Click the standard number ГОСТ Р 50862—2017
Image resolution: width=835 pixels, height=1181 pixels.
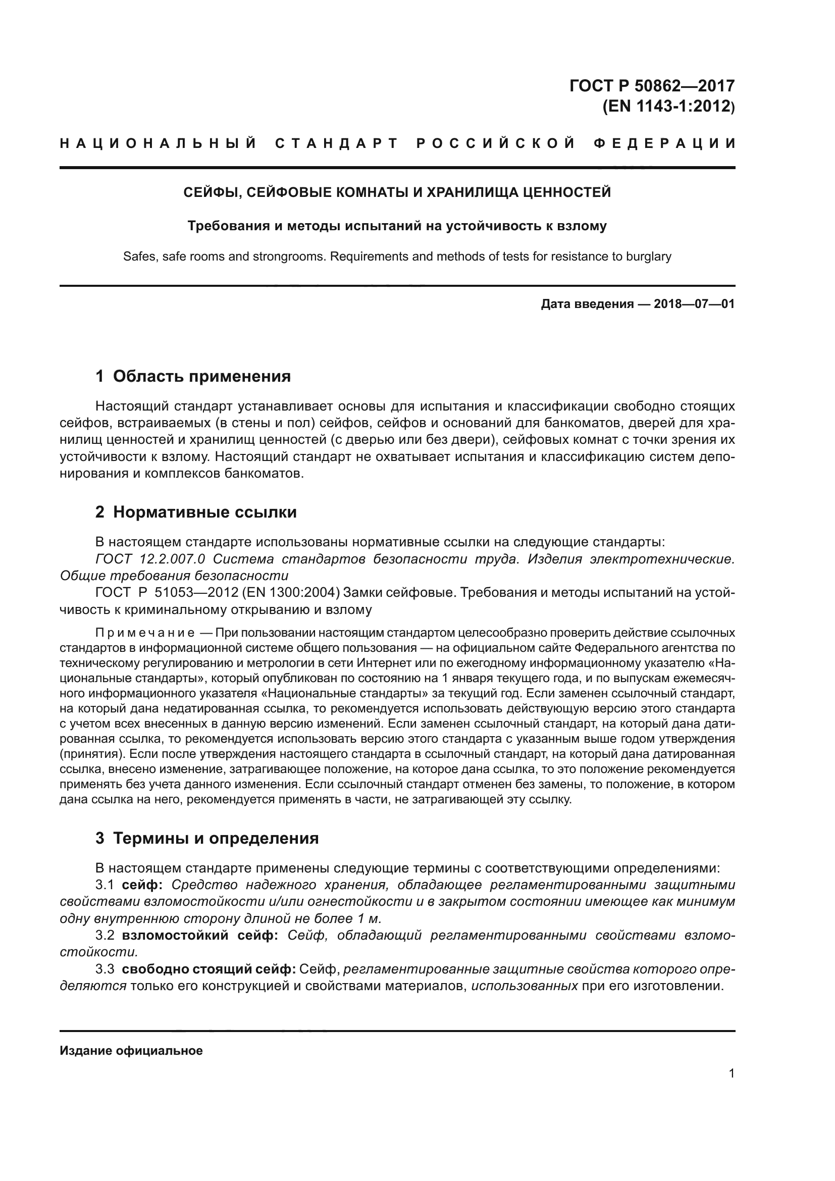(x=652, y=85)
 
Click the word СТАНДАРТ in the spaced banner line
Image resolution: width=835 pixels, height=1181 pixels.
(x=337, y=143)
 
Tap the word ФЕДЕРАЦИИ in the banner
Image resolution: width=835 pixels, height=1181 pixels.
(x=665, y=143)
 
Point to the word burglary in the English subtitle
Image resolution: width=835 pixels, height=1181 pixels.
(x=648, y=256)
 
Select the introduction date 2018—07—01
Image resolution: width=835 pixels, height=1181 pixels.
(x=694, y=304)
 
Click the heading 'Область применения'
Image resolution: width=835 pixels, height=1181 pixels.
(x=201, y=377)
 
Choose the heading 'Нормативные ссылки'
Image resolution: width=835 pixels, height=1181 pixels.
(x=204, y=512)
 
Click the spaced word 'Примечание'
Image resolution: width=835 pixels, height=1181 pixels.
(x=145, y=633)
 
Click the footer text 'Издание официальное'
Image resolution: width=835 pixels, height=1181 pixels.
(x=131, y=1051)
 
